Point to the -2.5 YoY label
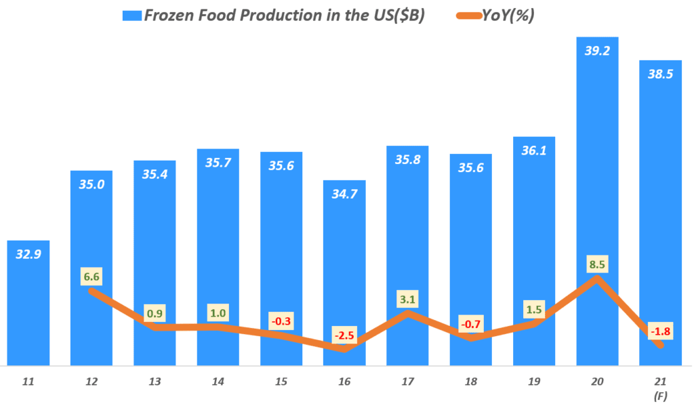(x=344, y=335)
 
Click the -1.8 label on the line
(x=659, y=331)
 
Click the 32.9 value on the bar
(x=28, y=255)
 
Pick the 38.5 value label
(x=659, y=75)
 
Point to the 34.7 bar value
(x=344, y=195)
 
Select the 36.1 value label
(x=533, y=151)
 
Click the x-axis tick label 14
(x=218, y=382)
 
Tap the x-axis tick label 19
(x=533, y=382)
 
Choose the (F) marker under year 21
(x=660, y=395)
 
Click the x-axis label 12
(x=91, y=382)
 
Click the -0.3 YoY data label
(x=281, y=321)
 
